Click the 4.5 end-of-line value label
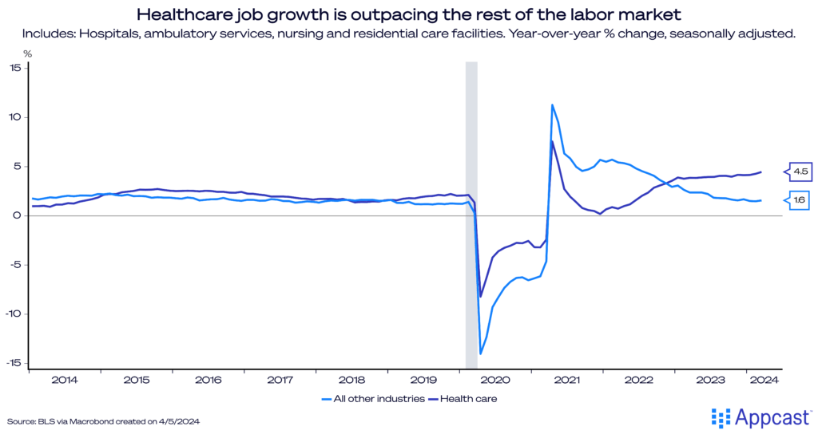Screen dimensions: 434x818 click(800, 171)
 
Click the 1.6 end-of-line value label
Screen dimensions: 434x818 click(800, 200)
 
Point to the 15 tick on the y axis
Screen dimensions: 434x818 click(16, 68)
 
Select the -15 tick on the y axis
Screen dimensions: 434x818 click(14, 363)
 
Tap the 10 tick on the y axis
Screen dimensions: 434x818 click(16, 117)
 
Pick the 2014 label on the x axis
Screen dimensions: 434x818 click(65, 380)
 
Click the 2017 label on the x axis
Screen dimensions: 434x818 click(280, 380)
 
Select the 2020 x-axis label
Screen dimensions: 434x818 click(495, 380)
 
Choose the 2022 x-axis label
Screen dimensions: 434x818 click(639, 380)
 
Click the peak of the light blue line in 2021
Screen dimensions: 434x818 click(552, 105)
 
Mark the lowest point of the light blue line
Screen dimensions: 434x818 click(481, 353)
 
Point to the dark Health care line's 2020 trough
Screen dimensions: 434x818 click(481, 297)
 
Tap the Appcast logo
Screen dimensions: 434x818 click(760, 416)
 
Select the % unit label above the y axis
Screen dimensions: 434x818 click(27, 53)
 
